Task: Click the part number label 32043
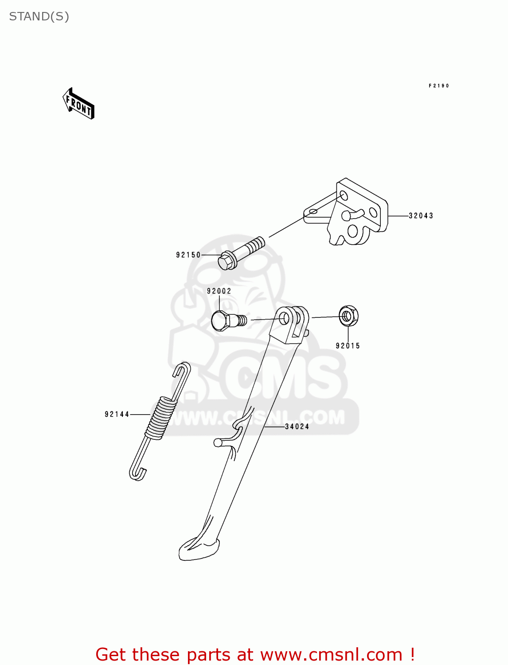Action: [421, 216]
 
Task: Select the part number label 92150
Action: [188, 255]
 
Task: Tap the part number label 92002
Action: [219, 291]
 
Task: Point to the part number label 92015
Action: [348, 346]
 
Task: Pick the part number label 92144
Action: [117, 415]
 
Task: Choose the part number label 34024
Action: [297, 426]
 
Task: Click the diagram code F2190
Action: [439, 86]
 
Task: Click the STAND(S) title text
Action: [39, 17]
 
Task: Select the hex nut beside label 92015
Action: [348, 316]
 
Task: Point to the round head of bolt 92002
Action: [219, 321]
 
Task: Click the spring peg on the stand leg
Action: [218, 442]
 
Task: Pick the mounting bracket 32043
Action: [355, 213]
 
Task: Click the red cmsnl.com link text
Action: [255, 654]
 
